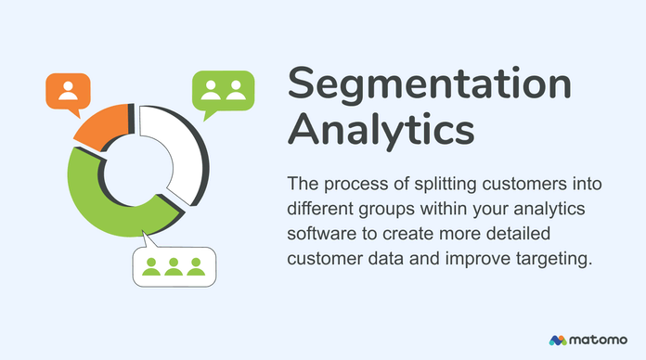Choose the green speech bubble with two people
click(223, 91)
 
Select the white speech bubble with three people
click(173, 266)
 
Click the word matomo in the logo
click(601, 340)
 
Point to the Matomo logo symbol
click(558, 340)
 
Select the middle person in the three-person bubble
click(173, 267)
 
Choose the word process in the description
click(350, 181)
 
